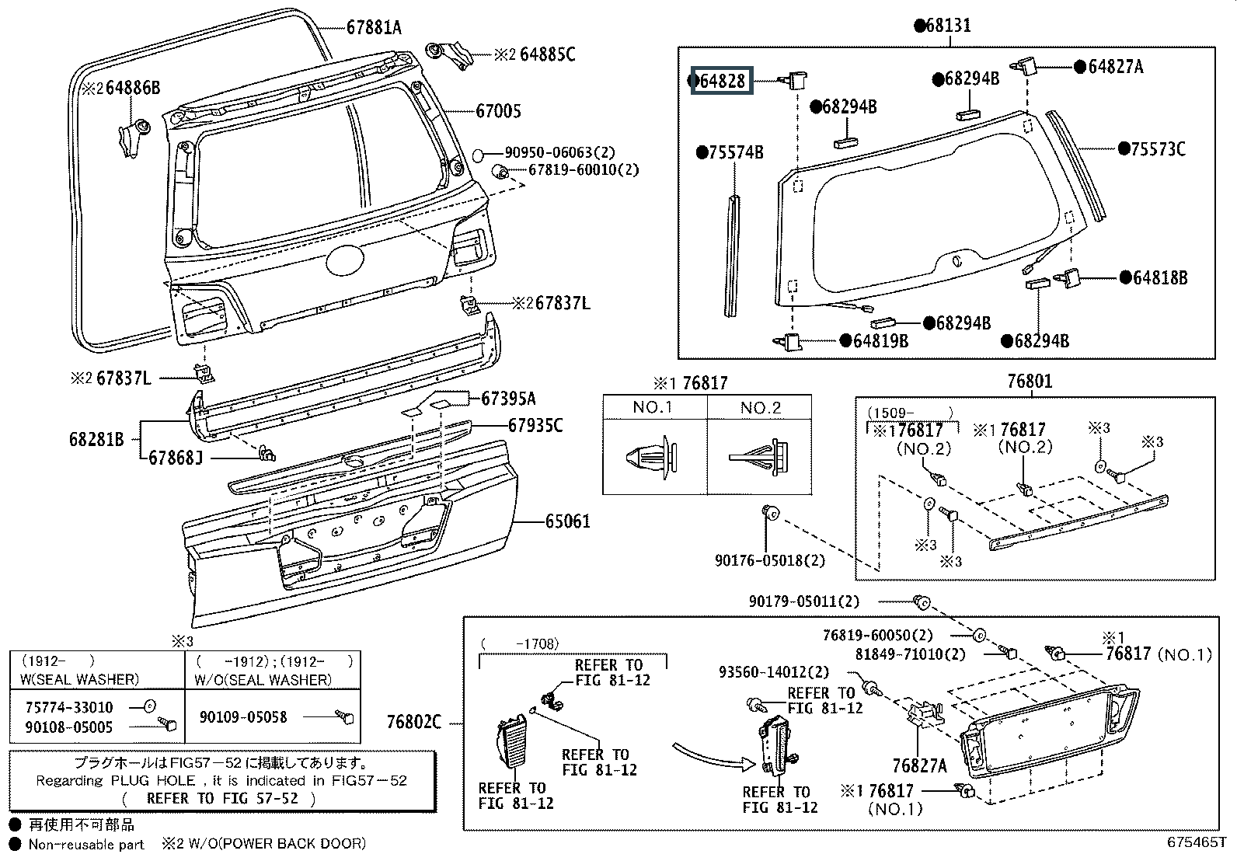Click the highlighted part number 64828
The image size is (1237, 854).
[x=722, y=81]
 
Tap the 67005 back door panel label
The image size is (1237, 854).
[x=498, y=112]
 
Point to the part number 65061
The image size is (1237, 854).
[x=567, y=521]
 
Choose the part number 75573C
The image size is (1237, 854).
[x=1157, y=149]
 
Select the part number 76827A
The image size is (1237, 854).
[x=919, y=765]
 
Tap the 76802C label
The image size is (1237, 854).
[x=413, y=723]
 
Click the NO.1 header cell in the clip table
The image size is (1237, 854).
[x=653, y=407]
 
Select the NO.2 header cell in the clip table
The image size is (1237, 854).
[x=761, y=407]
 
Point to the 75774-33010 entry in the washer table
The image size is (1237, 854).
[x=69, y=707]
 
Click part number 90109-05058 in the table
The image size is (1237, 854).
[x=243, y=716]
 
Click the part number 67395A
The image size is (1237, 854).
[x=508, y=399]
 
